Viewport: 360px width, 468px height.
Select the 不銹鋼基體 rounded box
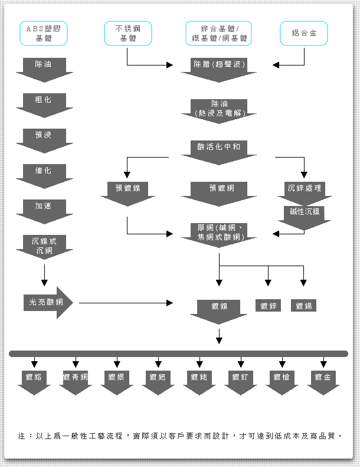tap(127, 34)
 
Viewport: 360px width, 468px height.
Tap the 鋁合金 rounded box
tap(304, 34)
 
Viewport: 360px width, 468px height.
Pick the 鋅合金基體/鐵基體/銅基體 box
tap(219, 34)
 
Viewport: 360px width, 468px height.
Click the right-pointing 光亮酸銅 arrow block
tap(47, 303)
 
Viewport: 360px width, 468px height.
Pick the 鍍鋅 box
tap(269, 306)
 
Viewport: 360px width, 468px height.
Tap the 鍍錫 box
tap(304, 306)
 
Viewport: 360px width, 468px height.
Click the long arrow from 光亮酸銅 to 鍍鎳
tap(124, 303)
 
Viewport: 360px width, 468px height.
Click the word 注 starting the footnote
tap(22, 436)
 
